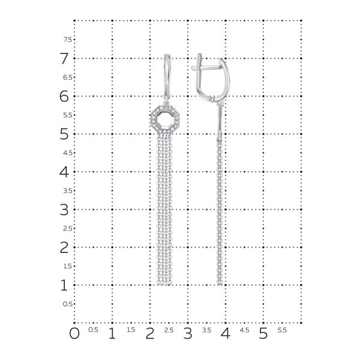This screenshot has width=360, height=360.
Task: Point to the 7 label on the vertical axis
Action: (x=64, y=59)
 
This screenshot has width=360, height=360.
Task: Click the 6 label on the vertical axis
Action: (x=64, y=97)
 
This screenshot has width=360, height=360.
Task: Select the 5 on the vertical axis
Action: (x=64, y=134)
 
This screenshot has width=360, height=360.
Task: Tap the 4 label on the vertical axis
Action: (x=64, y=172)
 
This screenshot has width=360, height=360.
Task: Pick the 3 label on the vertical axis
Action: (x=64, y=210)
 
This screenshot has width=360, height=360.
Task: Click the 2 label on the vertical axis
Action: (x=64, y=248)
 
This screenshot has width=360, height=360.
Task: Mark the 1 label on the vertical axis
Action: (x=64, y=286)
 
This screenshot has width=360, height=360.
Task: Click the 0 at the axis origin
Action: (x=74, y=332)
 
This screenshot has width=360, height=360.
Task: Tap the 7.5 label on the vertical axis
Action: (x=68, y=40)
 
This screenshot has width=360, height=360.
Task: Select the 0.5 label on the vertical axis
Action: (x=68, y=304)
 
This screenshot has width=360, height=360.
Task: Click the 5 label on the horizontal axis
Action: (x=263, y=332)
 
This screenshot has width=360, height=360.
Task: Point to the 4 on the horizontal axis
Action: (x=226, y=332)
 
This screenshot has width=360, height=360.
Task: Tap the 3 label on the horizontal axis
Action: (x=188, y=332)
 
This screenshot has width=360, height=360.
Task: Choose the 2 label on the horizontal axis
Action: (x=150, y=332)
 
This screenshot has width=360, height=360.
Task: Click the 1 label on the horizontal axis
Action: (x=112, y=332)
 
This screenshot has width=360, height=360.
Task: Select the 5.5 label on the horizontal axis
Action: (x=282, y=330)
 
